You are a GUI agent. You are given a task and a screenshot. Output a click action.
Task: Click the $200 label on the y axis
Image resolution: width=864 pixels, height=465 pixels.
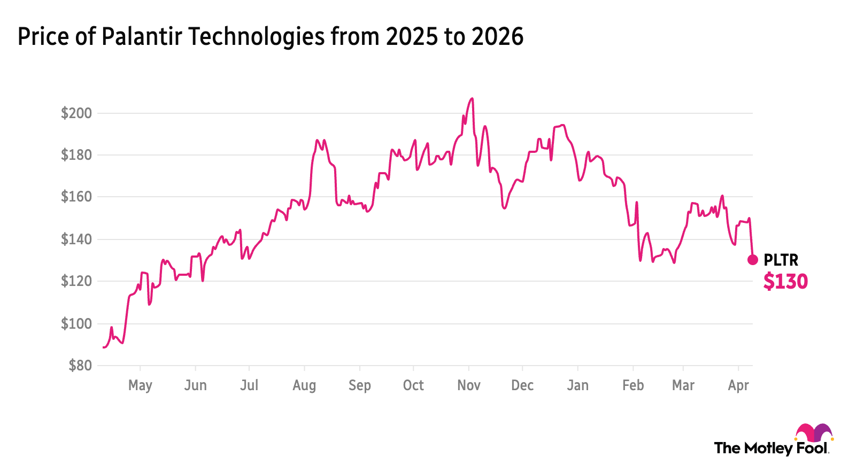pos(76,113)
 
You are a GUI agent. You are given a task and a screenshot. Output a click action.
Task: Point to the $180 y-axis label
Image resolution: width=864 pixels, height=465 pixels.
pos(76,155)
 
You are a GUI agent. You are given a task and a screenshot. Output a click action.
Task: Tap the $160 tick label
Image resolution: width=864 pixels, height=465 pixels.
pos(76,197)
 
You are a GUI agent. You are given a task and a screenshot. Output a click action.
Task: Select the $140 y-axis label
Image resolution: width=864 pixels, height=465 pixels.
pos(76,239)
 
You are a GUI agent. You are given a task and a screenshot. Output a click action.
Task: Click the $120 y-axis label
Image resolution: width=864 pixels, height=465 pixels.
pos(76,281)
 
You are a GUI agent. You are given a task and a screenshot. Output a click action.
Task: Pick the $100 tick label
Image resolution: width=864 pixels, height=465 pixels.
pos(76,323)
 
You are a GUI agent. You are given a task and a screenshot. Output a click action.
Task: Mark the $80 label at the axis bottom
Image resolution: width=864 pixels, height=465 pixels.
pos(80,365)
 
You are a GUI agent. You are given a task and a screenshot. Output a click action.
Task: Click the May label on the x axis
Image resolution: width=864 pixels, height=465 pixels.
pos(140,385)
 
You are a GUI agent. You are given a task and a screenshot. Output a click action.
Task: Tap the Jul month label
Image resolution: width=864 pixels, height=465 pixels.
pos(249,385)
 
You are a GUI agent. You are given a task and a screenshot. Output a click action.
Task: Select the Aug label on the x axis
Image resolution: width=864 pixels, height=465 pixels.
pos(304,385)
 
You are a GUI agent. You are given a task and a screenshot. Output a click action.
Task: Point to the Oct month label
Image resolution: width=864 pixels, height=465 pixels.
pos(413,385)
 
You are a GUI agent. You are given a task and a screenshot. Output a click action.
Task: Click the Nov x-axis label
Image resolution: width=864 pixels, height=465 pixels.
pos(468,385)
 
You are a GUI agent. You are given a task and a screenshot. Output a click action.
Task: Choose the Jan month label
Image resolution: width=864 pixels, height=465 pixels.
pos(577,385)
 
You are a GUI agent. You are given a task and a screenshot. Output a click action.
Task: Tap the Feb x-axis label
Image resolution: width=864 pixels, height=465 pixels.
pos(633,385)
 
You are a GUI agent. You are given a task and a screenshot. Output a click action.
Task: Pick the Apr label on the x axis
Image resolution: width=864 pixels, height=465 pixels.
pos(738,385)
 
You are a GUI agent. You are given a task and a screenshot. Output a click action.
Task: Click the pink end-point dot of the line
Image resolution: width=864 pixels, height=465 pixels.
pos(753,260)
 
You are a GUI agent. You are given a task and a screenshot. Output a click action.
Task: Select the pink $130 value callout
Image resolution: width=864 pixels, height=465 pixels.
pos(785,281)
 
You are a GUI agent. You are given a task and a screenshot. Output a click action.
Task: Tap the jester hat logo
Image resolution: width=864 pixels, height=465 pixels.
pos(814,433)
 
